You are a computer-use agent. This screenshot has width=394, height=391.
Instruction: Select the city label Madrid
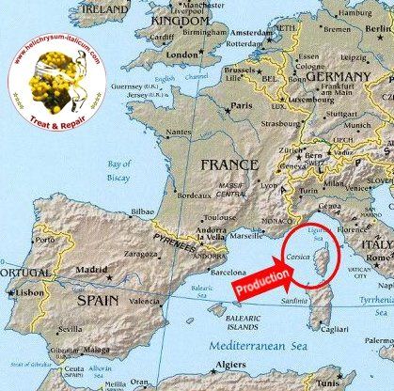(x=91, y=269)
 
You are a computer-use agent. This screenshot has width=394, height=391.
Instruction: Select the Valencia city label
(x=144, y=301)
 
